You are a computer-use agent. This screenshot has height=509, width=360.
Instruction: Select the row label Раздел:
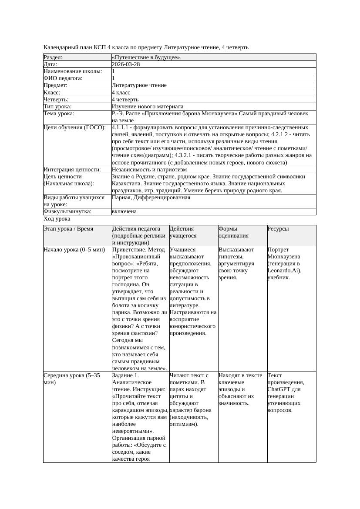click(53, 57)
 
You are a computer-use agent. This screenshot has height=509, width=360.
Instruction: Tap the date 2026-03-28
click(126, 64)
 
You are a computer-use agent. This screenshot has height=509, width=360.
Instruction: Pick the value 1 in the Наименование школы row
click(113, 71)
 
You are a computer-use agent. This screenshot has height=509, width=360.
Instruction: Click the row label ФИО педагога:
click(63, 78)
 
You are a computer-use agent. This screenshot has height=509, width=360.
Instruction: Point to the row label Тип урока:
click(57, 107)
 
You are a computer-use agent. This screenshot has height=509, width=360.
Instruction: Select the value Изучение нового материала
click(148, 107)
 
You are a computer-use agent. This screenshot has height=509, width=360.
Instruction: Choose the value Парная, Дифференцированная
click(151, 198)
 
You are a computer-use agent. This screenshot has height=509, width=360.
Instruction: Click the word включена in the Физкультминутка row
click(124, 211)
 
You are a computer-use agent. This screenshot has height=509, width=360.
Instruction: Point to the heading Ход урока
click(57, 219)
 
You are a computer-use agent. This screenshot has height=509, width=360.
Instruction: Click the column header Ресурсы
click(278, 229)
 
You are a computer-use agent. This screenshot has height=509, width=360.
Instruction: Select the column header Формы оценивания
click(233, 232)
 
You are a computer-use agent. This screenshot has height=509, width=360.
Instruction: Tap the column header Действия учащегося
click(182, 232)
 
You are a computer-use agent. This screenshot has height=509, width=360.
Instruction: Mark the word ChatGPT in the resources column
click(278, 389)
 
